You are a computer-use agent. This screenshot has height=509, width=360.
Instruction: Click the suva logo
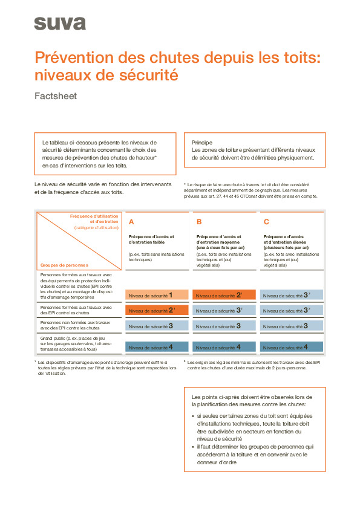point(59,24)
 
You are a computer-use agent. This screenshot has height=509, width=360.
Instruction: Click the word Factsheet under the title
point(56,96)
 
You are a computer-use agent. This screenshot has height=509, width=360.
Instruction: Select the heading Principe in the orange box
point(201,142)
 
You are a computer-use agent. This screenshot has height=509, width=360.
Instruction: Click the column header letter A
point(131,222)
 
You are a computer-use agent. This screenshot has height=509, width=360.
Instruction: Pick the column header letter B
point(199,222)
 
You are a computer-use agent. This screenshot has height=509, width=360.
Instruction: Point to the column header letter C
point(266,222)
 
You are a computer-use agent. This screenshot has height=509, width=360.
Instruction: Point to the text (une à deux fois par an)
point(220,247)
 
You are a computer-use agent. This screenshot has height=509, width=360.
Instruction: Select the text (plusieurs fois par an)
point(286,247)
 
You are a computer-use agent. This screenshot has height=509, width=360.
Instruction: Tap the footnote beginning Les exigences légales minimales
point(253,365)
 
